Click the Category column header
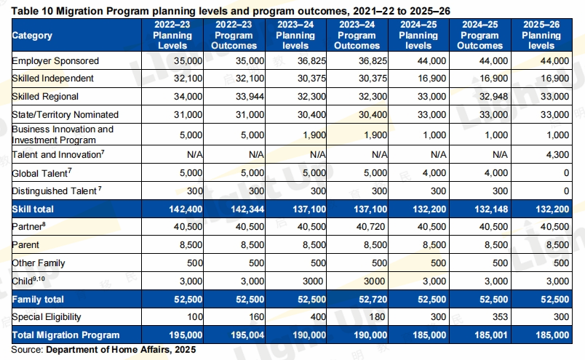click(x=33, y=36)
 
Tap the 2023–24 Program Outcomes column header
click(x=357, y=35)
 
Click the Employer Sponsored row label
click(x=55, y=60)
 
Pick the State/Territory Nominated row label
click(x=65, y=115)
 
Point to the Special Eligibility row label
click(x=47, y=317)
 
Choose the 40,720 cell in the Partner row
click(x=366, y=226)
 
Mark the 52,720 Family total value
click(x=366, y=299)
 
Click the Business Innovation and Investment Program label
click(x=63, y=135)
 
